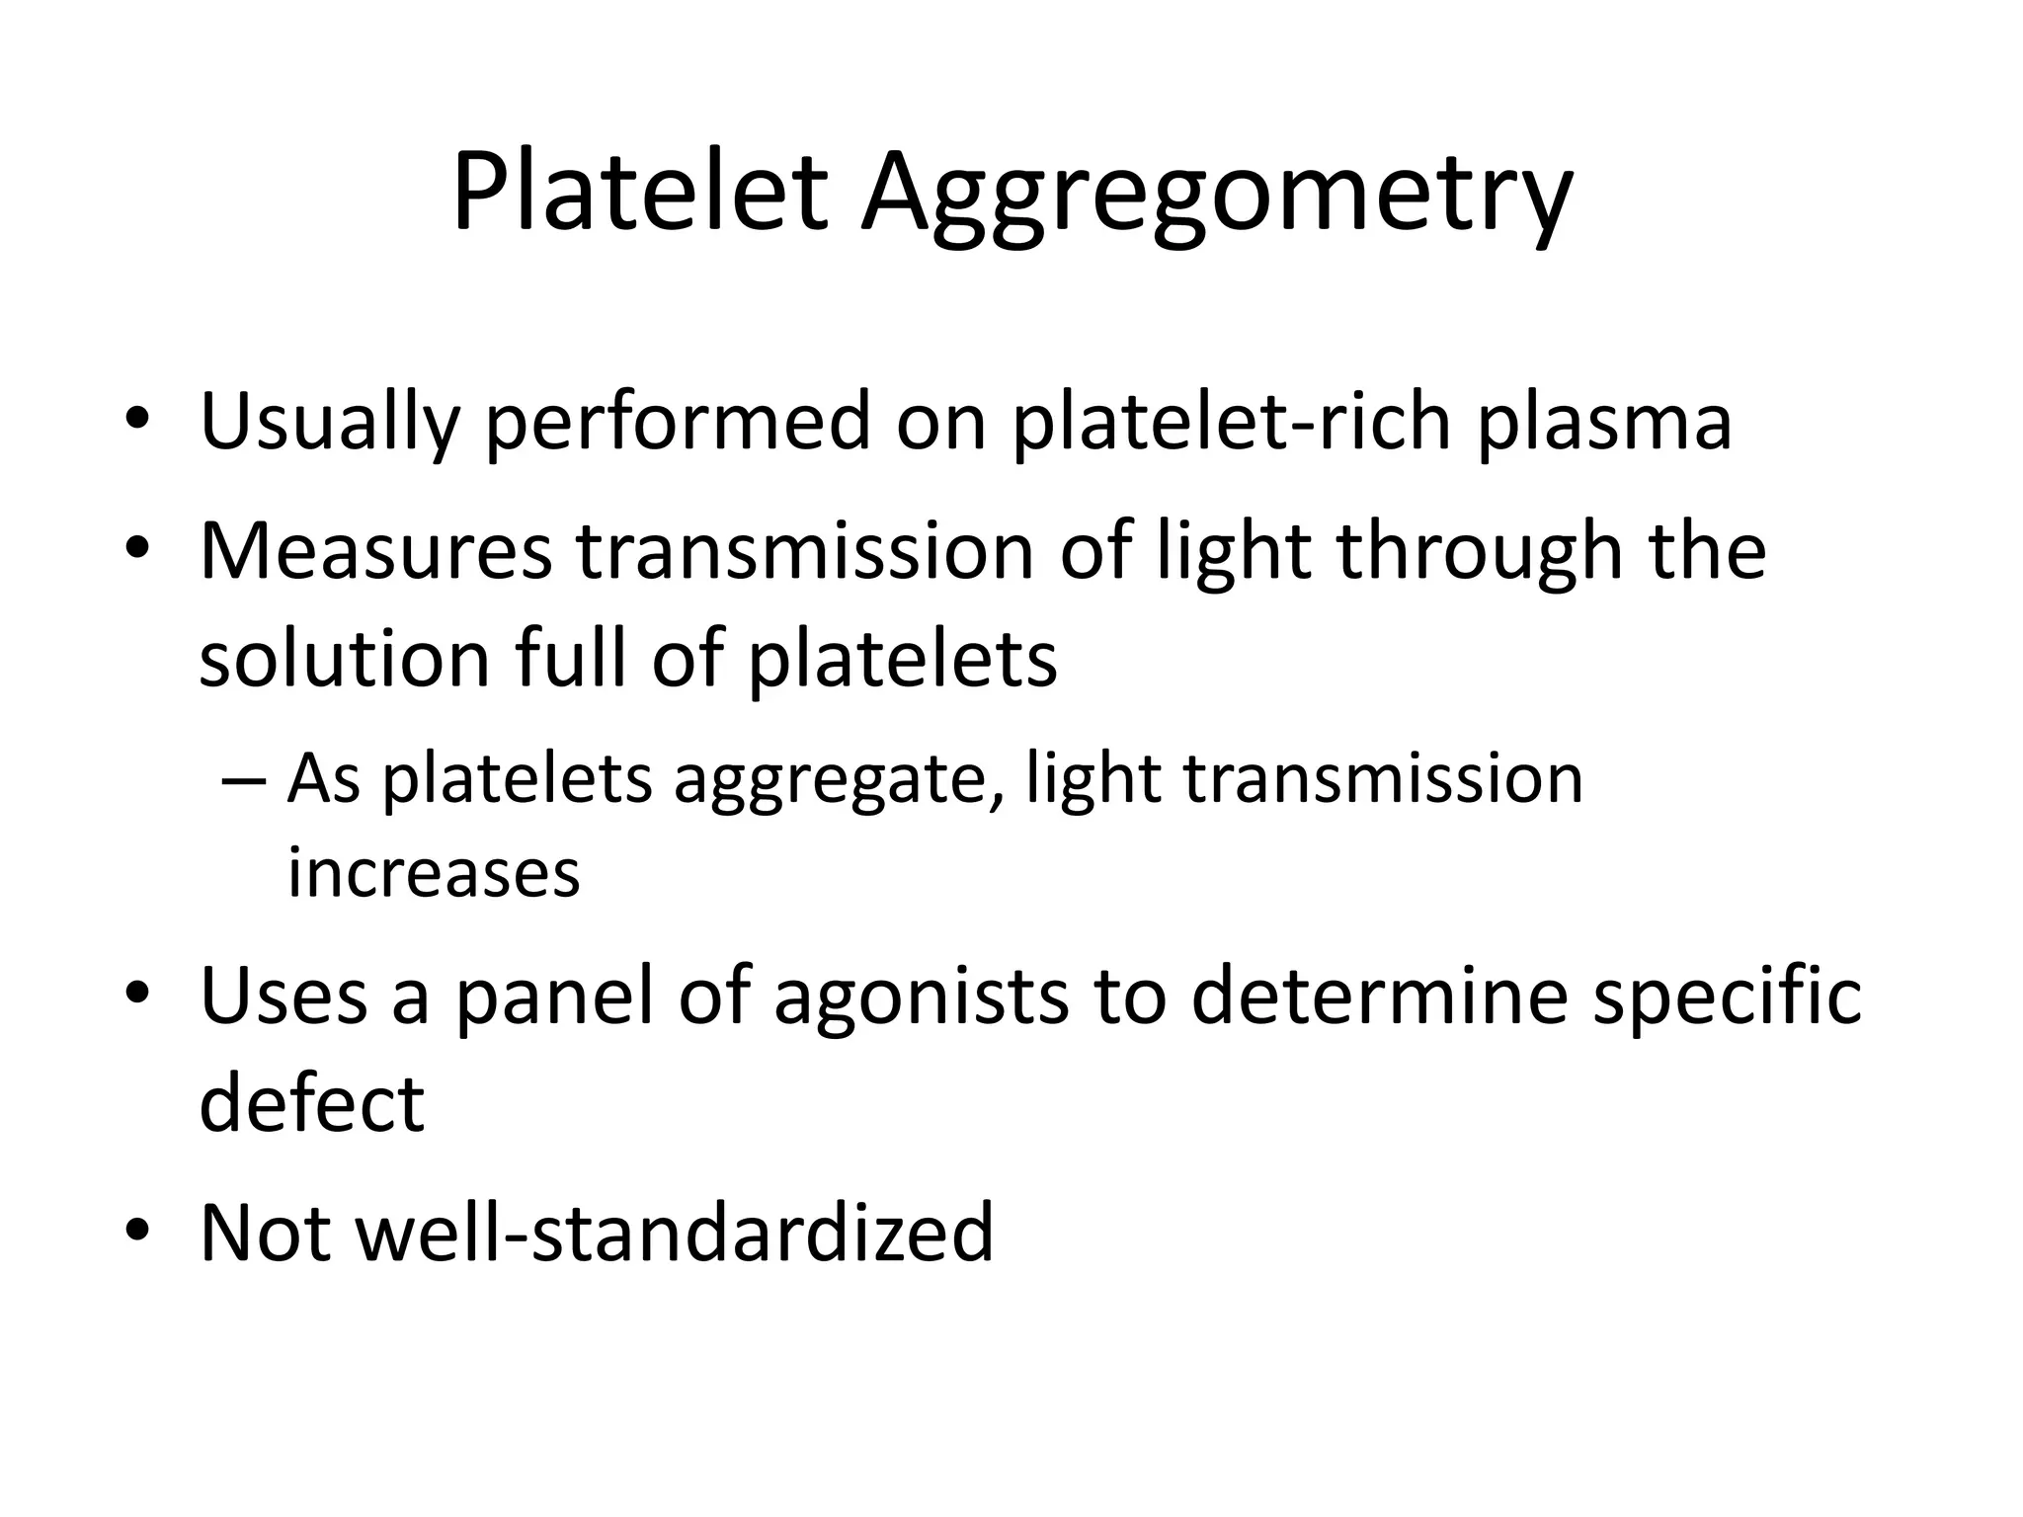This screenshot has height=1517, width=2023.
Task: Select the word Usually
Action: pyautogui.click(x=330, y=423)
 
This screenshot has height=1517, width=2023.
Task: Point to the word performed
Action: pyautogui.click(x=678, y=423)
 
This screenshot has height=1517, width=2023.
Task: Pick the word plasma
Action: pyautogui.click(x=1604, y=423)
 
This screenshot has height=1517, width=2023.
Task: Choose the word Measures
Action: pyautogui.click(x=375, y=551)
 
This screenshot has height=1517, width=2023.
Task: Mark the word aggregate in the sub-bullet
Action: pyautogui.click(x=832, y=780)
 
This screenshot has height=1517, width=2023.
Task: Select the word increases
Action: pyautogui.click(x=433, y=873)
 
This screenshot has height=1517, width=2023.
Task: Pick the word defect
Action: pyautogui.click(x=311, y=1103)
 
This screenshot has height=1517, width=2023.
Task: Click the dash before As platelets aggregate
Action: pyautogui.click(x=243, y=780)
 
